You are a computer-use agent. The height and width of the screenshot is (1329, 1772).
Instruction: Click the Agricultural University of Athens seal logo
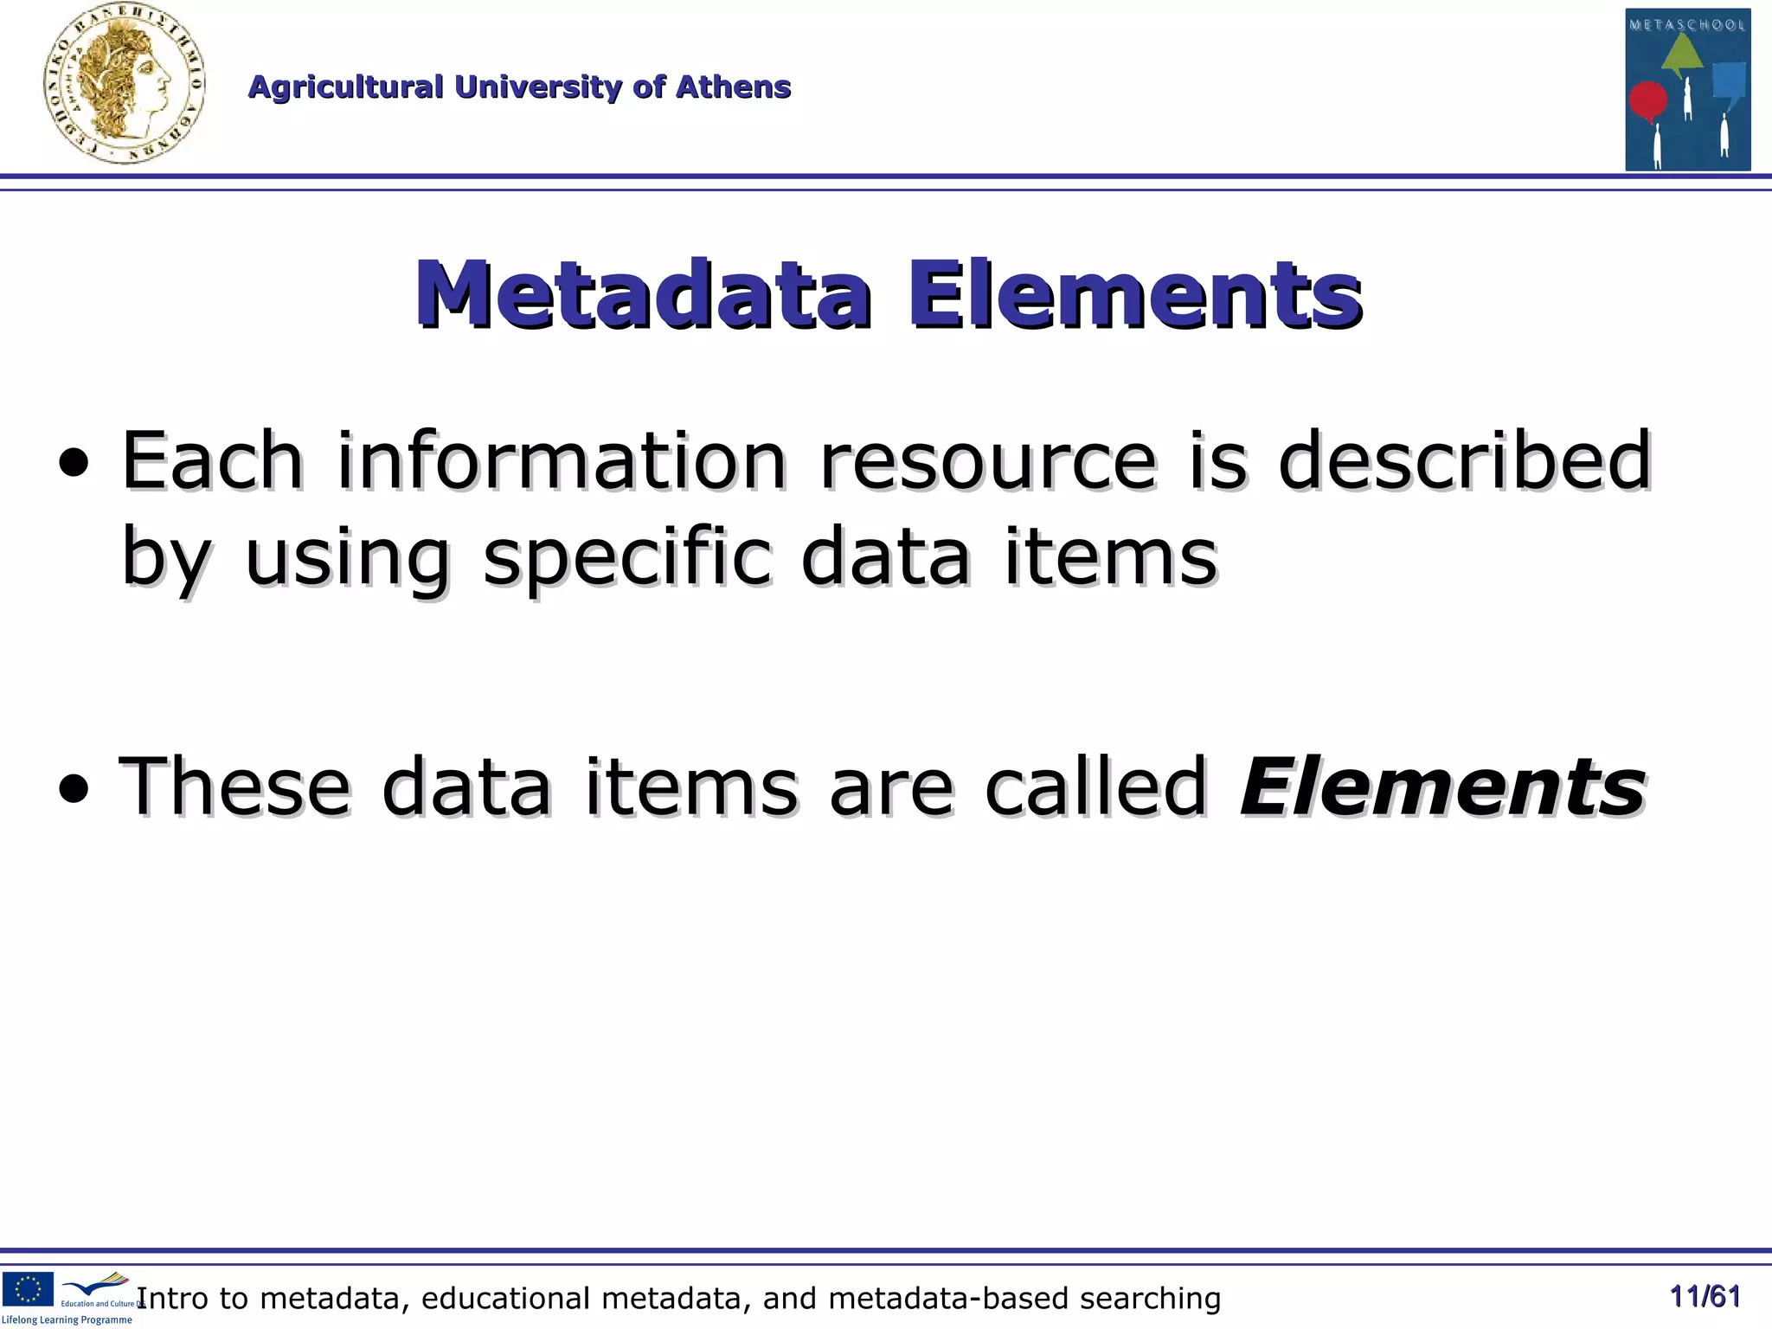[x=125, y=84]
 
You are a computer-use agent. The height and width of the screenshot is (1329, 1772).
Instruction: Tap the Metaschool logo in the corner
[x=1687, y=89]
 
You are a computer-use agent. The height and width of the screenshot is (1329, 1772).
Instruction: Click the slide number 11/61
[x=1705, y=1296]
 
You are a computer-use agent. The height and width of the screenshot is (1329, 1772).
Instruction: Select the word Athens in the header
[x=733, y=87]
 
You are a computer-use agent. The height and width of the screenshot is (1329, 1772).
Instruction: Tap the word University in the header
[x=537, y=87]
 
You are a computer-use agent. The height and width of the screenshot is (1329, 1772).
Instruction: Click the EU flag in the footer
[x=28, y=1288]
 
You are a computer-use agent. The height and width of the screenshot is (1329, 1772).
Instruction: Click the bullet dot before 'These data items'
[x=74, y=789]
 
